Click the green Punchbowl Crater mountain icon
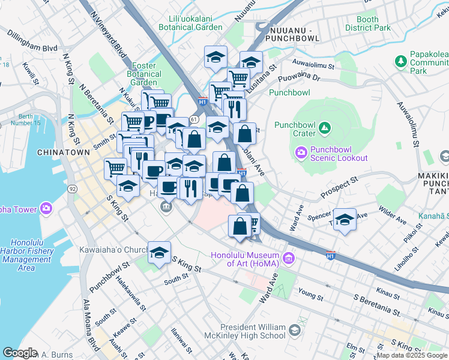click(324, 128)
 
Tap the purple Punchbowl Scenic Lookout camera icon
click(301, 152)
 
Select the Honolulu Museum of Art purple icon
click(289, 259)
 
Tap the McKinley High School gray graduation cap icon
click(295, 330)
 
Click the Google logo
click(19, 353)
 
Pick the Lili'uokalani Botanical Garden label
click(190, 23)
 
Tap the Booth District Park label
click(367, 23)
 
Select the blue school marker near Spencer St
click(345, 219)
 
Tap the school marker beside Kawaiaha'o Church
click(160, 252)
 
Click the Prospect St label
click(339, 188)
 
